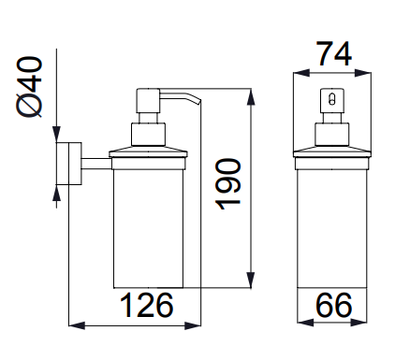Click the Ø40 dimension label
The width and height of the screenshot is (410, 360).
pyautogui.click(x=28, y=87)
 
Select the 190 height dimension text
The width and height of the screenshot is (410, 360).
pyautogui.click(x=228, y=184)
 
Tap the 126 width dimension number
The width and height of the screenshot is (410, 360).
pyautogui.click(x=146, y=305)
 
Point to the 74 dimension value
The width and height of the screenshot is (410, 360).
pyautogui.click(x=334, y=53)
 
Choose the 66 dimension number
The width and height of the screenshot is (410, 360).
pyautogui.click(x=333, y=305)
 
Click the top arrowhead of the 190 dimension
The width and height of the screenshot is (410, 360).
pyautogui.click(x=251, y=96)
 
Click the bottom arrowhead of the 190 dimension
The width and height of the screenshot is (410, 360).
pyautogui.click(x=251, y=280)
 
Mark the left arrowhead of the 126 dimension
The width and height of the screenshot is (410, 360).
pyautogui.click(x=77, y=325)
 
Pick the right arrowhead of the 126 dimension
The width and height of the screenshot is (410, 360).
pyautogui.click(x=193, y=325)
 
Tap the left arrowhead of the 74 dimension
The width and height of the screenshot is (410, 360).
pyautogui.click(x=301, y=73)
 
